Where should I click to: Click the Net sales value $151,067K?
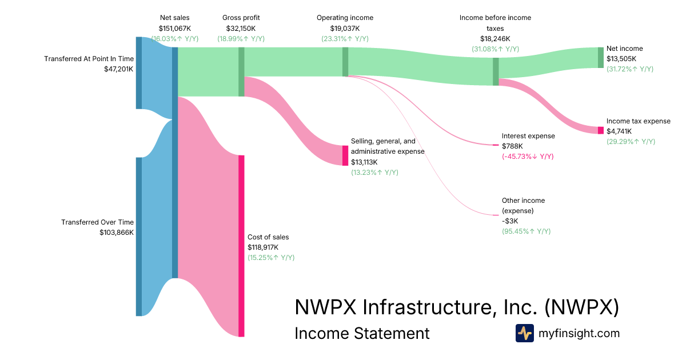[174, 28]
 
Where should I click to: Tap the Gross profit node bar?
[241, 71]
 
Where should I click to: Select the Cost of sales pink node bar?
[241, 246]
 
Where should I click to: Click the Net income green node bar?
[600, 57]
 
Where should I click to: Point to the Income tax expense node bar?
[600, 130]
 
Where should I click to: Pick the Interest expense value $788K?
[512, 146]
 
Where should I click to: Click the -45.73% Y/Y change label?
[527, 157]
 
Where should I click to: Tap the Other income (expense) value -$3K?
[510, 221]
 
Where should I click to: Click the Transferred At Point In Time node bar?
[139, 73]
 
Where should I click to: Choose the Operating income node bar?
[345, 61]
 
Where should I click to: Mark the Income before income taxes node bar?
[496, 71]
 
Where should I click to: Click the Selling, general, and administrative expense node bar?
[345, 155]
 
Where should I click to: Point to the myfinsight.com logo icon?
[524, 333]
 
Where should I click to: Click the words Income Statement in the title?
[361, 333]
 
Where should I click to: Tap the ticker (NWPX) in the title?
[581, 307]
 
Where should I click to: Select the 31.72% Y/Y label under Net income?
[629, 69]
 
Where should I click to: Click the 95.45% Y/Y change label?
[526, 231]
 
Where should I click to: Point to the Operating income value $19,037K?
[345, 28]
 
